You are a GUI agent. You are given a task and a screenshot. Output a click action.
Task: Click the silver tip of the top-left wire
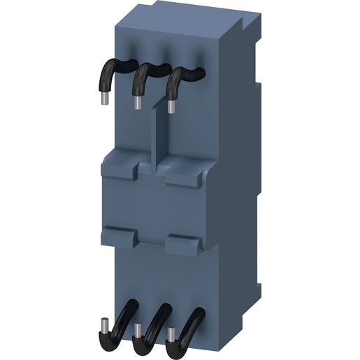point(104,99)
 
